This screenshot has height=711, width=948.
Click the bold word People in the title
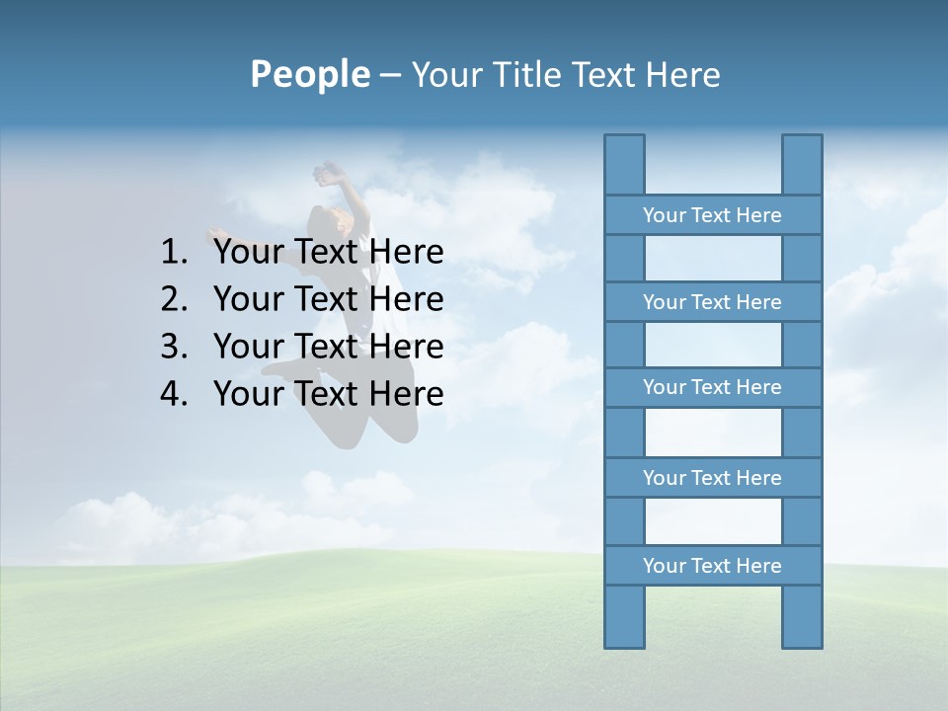point(308,74)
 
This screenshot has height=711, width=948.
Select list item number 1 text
point(328,253)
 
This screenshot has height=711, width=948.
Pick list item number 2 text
point(328,299)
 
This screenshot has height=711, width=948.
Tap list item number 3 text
point(328,347)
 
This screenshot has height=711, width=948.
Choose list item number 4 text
point(328,394)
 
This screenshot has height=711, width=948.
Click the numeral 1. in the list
point(174,253)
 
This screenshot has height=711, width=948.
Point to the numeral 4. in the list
point(174,394)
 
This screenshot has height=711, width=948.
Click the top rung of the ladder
point(712,215)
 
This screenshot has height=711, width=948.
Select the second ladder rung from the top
point(712,302)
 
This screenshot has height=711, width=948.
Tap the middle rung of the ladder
point(712,387)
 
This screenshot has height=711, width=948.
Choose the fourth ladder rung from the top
point(712,478)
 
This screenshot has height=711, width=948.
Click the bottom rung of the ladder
point(712,566)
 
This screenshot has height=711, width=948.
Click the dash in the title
point(390,76)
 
